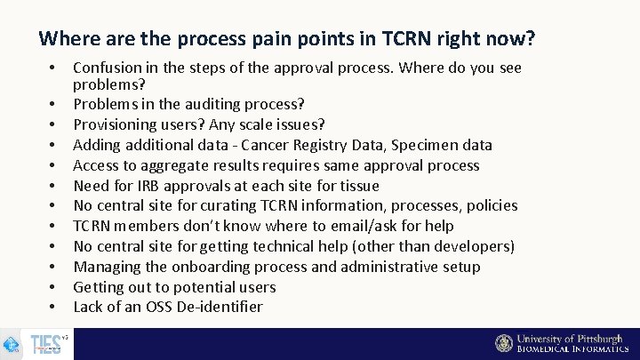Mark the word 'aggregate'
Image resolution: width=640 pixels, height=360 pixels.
point(159,165)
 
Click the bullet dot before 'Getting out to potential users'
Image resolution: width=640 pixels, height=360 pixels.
point(54,288)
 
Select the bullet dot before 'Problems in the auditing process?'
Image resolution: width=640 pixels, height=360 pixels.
point(54,105)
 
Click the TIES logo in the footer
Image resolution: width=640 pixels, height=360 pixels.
point(44,344)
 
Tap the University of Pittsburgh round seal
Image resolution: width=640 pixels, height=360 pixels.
point(504,343)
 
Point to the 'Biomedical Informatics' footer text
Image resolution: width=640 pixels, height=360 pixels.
point(572,349)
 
